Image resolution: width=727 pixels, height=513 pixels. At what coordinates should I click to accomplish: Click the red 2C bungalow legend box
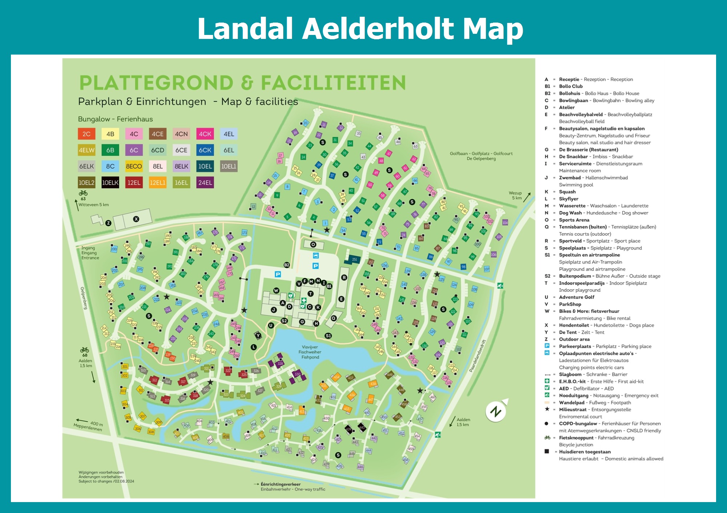[87, 134]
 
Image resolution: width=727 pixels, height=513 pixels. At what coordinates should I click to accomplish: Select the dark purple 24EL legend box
[205, 183]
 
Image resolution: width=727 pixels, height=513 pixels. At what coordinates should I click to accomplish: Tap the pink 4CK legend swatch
[205, 134]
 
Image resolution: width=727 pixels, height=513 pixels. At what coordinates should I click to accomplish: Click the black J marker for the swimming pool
[274, 310]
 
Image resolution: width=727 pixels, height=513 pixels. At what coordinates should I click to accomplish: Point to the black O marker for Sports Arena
[313, 244]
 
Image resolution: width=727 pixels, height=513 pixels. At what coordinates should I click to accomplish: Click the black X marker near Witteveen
[136, 219]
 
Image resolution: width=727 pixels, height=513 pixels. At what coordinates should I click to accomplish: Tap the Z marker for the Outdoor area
[108, 223]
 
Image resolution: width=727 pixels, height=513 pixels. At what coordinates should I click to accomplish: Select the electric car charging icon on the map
[316, 256]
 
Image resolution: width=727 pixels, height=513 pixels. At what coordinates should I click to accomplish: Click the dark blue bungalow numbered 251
[354, 259]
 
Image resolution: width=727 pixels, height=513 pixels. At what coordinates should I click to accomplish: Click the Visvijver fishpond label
[310, 352]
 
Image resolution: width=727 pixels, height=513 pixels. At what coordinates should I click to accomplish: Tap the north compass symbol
[496, 411]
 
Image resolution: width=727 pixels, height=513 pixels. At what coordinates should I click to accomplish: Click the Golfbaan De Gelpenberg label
[481, 156]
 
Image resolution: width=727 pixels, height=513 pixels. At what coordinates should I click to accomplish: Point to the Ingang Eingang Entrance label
[90, 253]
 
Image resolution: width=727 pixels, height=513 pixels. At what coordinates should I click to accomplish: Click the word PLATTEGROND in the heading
[156, 83]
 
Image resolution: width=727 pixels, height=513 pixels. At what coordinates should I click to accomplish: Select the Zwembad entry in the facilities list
[570, 178]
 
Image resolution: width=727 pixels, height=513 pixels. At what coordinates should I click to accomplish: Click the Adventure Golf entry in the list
[577, 297]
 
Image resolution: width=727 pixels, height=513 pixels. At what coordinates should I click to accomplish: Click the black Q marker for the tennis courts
[334, 318]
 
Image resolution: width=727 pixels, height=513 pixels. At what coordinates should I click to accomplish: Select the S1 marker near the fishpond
[328, 336]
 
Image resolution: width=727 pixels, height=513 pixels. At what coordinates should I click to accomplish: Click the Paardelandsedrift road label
[477, 356]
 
